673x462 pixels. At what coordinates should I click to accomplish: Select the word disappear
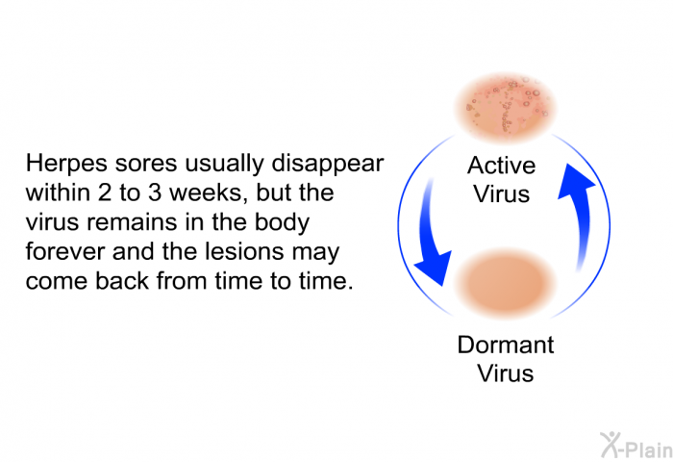[328, 165]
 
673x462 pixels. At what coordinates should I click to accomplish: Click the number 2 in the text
[105, 192]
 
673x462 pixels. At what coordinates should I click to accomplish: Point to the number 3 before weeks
[155, 192]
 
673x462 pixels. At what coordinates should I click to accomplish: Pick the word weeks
[209, 193]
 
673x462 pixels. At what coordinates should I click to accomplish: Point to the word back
[122, 281]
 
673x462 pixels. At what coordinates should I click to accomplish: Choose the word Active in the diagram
[501, 166]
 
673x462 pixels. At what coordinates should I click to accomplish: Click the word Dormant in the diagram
[506, 345]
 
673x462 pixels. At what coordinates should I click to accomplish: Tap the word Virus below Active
[501, 193]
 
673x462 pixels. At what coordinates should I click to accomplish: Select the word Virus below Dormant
[506, 373]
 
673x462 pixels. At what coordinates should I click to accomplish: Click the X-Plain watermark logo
[636, 446]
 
